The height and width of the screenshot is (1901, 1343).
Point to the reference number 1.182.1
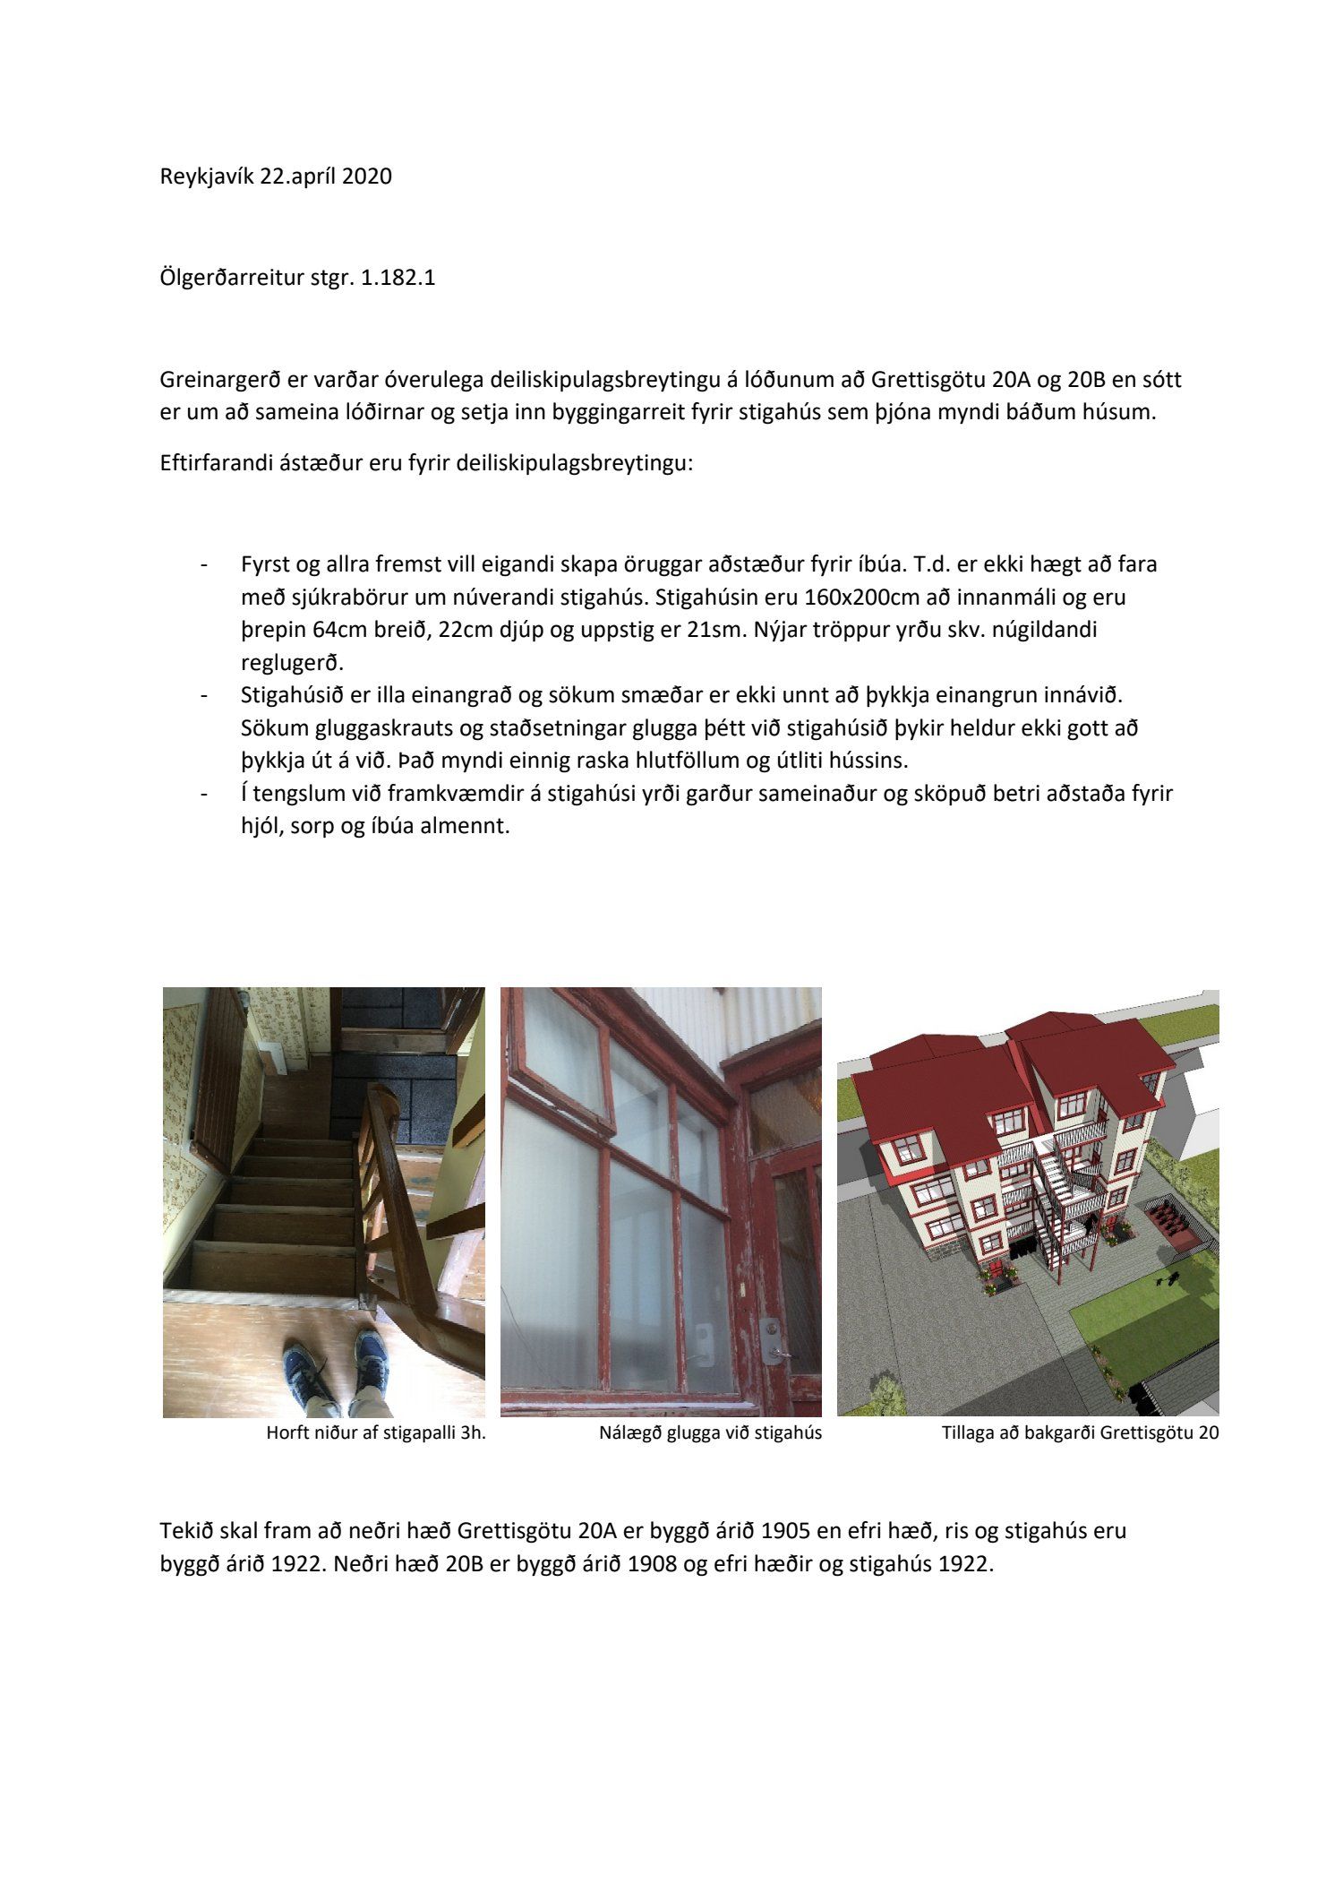pyautogui.click(x=398, y=278)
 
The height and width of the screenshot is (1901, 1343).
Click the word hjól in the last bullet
pyautogui.click(x=261, y=825)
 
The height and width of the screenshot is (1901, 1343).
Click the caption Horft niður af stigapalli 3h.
pyautogui.click(x=376, y=1432)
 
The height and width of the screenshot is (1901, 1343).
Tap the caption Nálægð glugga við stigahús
pyautogui.click(x=710, y=1432)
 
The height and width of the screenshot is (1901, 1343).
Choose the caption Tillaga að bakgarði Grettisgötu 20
pyautogui.click(x=1080, y=1432)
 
